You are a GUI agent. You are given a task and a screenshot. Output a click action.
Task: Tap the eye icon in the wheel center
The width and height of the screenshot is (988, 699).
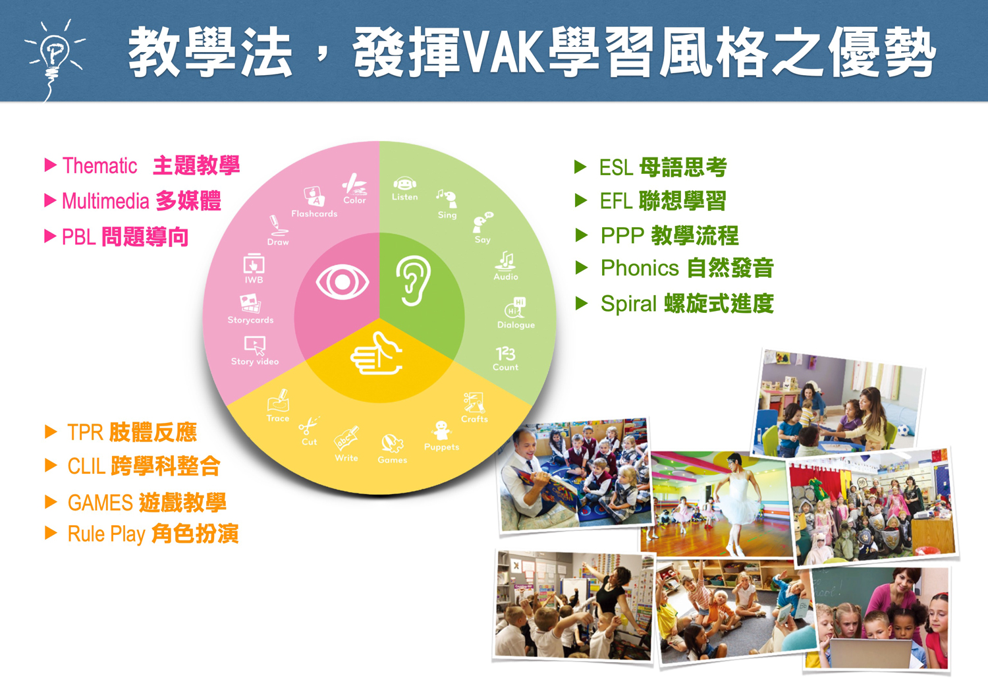(x=342, y=283)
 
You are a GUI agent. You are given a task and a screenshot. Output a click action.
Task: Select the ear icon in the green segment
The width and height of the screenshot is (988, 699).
(x=413, y=282)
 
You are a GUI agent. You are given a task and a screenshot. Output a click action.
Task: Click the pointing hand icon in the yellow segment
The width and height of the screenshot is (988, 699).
(x=376, y=354)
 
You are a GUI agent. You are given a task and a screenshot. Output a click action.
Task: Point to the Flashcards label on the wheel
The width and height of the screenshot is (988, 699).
(x=314, y=214)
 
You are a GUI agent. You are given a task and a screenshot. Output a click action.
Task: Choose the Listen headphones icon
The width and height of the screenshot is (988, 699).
(x=404, y=184)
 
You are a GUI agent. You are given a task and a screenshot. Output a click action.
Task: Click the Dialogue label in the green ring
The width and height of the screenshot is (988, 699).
(x=516, y=325)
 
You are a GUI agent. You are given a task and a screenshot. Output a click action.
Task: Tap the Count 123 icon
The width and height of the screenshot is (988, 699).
(x=505, y=354)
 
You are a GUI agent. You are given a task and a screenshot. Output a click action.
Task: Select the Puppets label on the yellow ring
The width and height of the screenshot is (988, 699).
(x=441, y=447)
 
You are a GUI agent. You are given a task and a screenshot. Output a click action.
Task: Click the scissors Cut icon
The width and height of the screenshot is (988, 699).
(x=308, y=426)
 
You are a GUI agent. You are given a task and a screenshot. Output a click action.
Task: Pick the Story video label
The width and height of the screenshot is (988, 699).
(x=255, y=362)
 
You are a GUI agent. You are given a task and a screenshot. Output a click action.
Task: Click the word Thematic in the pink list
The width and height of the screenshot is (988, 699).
(x=99, y=166)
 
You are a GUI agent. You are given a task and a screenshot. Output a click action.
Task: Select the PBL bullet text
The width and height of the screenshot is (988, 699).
(x=125, y=237)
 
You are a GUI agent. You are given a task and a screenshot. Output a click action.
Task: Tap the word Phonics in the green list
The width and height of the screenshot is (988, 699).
(x=639, y=269)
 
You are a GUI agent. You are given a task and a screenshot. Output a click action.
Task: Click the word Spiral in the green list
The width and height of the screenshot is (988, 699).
(x=628, y=304)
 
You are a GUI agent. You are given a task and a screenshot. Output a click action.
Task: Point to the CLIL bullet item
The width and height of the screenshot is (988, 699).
(x=144, y=467)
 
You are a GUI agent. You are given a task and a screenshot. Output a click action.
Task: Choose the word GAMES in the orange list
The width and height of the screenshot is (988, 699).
(x=100, y=503)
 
